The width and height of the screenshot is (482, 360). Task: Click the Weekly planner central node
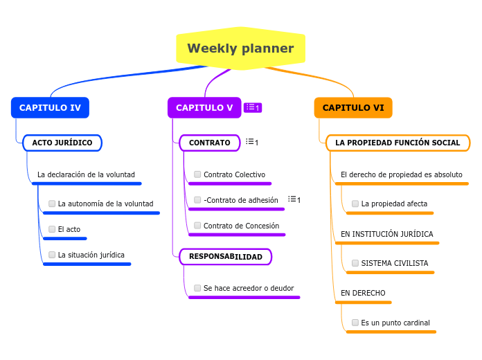[x=240, y=48]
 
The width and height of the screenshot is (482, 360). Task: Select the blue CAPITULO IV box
[x=50, y=108]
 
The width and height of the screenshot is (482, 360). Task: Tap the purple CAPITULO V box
[x=204, y=108]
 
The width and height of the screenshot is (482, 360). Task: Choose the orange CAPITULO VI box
[x=353, y=108]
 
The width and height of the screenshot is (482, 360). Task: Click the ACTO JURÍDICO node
[x=62, y=143]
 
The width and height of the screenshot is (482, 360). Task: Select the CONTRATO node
[x=209, y=143]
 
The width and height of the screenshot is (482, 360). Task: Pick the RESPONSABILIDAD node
[x=225, y=257]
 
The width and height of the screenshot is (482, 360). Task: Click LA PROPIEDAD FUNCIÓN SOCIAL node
[x=398, y=143]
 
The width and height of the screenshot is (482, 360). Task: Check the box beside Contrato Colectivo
[x=197, y=174]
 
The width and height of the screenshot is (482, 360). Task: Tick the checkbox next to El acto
[x=52, y=229]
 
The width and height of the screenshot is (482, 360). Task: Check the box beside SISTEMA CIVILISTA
[x=355, y=263]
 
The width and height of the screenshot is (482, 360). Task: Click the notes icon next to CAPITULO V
[x=253, y=107]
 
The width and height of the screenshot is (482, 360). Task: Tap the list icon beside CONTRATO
[x=252, y=142]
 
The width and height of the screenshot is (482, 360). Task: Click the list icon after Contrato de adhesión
[x=294, y=199]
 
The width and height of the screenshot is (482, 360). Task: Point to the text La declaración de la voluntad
[x=86, y=174]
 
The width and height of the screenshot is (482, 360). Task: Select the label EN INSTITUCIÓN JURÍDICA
[x=386, y=234]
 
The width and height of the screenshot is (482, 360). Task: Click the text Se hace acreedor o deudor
[x=249, y=288]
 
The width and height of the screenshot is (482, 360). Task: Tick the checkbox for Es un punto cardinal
[x=355, y=323]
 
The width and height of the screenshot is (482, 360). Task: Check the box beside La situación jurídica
[x=52, y=255]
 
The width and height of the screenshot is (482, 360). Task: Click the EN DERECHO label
[x=363, y=293]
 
